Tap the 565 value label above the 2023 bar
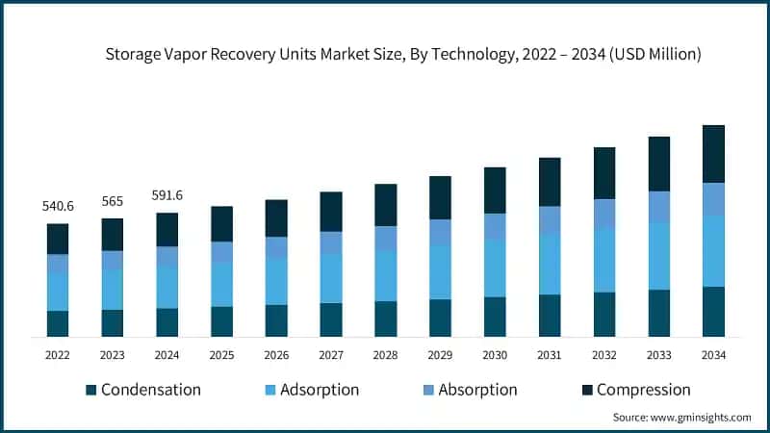[x=113, y=201]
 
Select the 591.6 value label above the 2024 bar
[x=167, y=195]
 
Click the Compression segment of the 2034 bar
[x=713, y=154]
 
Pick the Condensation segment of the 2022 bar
[x=58, y=323]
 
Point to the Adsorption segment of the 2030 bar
[x=495, y=267]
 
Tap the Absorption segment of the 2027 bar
[x=331, y=242]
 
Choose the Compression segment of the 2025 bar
[x=221, y=223]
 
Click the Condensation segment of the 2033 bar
[x=658, y=313]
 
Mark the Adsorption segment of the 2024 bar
[x=167, y=287]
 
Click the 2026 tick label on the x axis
[x=276, y=355]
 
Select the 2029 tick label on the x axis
[x=440, y=355]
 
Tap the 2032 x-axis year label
[x=603, y=355]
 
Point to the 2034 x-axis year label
[x=713, y=355]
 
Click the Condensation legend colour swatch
[x=91, y=391]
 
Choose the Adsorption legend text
[x=321, y=390]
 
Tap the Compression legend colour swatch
[x=586, y=391]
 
